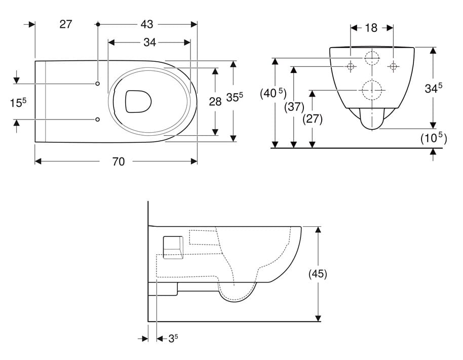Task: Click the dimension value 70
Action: point(119,162)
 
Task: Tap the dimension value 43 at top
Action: point(147,24)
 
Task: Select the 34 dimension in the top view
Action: point(150,43)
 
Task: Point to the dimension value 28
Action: point(215,102)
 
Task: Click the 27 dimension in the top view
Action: point(65,24)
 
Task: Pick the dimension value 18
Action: point(371,28)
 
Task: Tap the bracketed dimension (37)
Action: point(294,107)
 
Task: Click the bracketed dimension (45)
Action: point(318,274)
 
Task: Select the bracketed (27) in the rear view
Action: point(313,119)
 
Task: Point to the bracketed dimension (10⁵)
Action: point(434,138)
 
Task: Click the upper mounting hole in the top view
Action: point(97,84)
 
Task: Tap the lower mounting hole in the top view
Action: point(97,119)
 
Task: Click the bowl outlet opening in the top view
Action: point(138,101)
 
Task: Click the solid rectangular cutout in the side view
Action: point(173,247)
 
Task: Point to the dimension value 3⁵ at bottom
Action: point(173,338)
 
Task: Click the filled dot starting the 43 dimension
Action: point(98,24)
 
